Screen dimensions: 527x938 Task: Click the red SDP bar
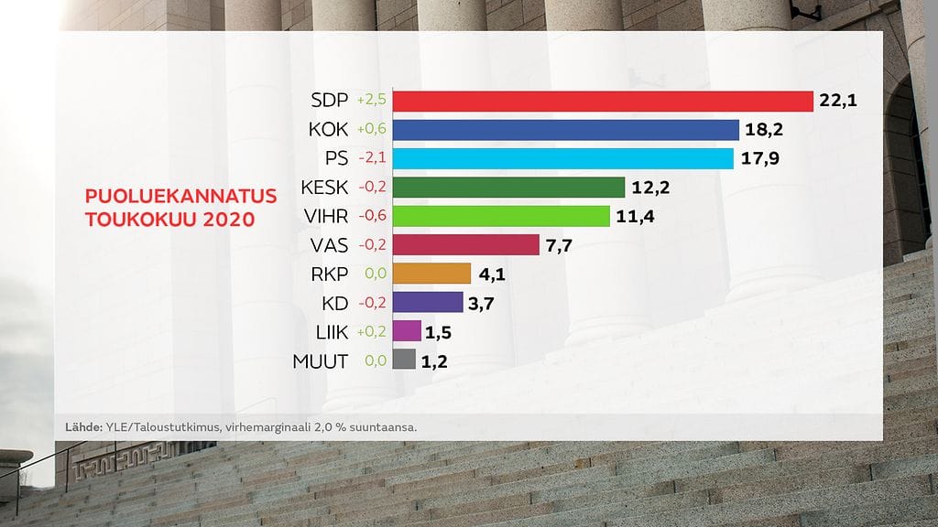point(603,101)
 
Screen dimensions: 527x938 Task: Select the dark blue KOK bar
point(565,130)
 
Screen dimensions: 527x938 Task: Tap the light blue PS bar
point(562,158)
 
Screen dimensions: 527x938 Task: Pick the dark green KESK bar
point(508,188)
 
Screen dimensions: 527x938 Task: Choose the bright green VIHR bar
point(501,216)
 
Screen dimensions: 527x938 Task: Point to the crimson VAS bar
point(465,244)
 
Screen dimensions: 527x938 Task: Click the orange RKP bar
point(431,274)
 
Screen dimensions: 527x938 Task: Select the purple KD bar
point(428,302)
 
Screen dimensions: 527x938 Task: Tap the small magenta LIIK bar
point(407,331)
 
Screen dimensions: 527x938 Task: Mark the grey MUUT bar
point(404,360)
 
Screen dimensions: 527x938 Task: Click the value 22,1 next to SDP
point(837,101)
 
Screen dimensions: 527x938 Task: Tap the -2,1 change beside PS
point(373,158)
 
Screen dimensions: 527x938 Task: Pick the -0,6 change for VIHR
point(373,216)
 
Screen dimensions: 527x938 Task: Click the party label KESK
point(324,188)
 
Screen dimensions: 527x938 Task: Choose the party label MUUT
point(320,360)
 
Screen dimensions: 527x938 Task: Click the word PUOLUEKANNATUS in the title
point(168,197)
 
